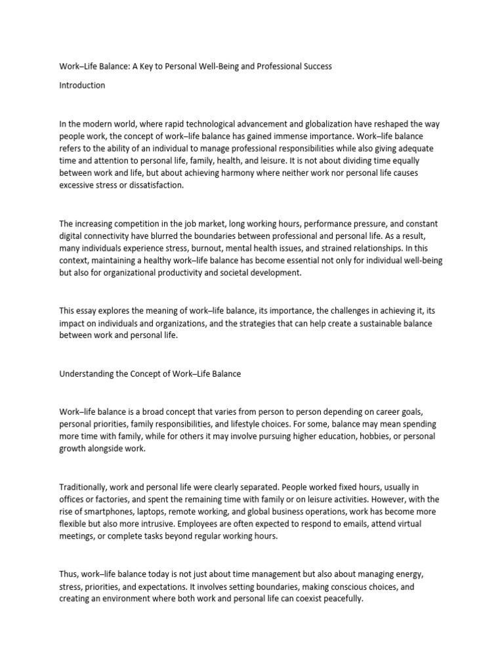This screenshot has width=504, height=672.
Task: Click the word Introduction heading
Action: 82,85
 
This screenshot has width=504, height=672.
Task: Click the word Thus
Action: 70,574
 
